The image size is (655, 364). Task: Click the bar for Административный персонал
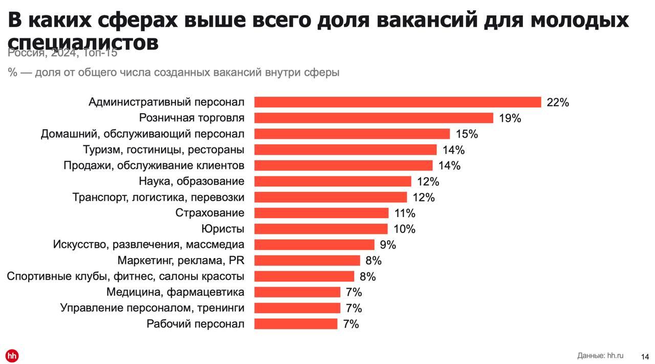tap(398, 102)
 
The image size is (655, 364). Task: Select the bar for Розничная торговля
tap(374, 118)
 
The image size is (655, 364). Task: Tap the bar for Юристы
tap(321, 229)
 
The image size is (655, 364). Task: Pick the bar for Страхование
tap(321, 213)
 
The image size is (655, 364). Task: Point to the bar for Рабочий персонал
tap(296, 324)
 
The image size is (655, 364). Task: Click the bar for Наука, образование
tap(333, 181)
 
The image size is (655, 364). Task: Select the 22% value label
tap(558, 102)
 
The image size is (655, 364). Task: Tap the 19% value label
tap(510, 118)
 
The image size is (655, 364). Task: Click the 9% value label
tap(388, 245)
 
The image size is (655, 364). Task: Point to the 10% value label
tap(404, 229)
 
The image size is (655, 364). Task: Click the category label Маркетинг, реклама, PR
tap(181, 261)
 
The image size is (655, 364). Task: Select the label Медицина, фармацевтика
tap(175, 292)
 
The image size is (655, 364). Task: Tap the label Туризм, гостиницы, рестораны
tap(163, 150)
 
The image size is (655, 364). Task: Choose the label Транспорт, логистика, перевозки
tap(158, 197)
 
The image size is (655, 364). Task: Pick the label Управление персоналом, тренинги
tap(152, 308)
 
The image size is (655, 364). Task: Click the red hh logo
tap(12, 356)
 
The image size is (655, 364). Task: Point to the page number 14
tap(645, 356)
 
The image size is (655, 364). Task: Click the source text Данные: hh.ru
tap(600, 355)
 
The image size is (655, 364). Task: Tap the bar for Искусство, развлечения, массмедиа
tap(314, 245)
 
